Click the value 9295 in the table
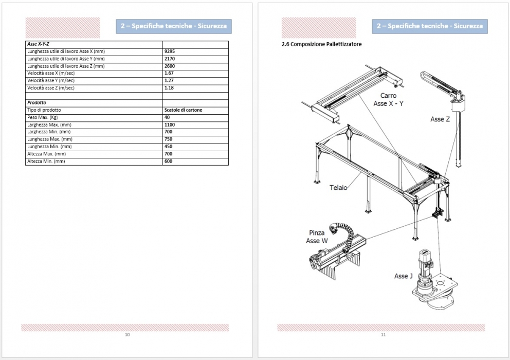[x=170, y=51]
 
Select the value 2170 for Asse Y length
[x=170, y=59]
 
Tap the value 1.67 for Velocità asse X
[x=169, y=73]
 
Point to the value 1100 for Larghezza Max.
[x=170, y=125]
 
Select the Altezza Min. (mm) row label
[x=46, y=161]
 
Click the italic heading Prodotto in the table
[x=37, y=102]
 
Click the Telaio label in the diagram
[x=338, y=188]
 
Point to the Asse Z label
[x=440, y=119]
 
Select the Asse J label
[x=403, y=276]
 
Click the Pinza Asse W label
[x=316, y=237]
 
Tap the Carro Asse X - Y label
[x=388, y=99]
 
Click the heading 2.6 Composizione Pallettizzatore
[x=321, y=44]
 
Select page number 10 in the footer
[x=127, y=335]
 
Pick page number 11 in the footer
[x=383, y=335]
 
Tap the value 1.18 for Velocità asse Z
[x=169, y=88]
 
